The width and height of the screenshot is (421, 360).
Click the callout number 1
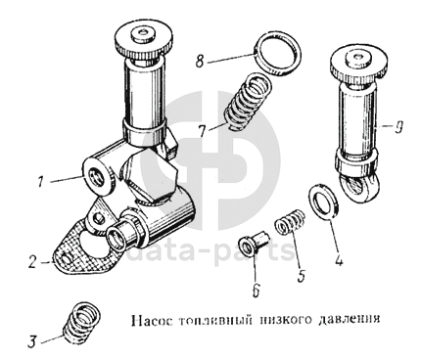[x=40, y=182]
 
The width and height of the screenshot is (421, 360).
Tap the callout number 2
[x=32, y=262]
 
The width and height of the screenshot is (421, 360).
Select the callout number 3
[x=31, y=342]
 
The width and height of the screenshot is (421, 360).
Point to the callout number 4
[x=339, y=260]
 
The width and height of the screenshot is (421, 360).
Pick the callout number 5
[x=302, y=276]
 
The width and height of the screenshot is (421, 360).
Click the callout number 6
[x=257, y=290]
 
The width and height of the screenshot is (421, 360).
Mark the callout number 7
[x=202, y=132]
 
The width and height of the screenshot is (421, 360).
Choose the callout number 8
[x=200, y=61]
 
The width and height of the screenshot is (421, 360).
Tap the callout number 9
[x=398, y=127]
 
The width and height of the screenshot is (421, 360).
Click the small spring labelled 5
[x=290, y=222]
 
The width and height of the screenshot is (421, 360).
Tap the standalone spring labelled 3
[x=81, y=323]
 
